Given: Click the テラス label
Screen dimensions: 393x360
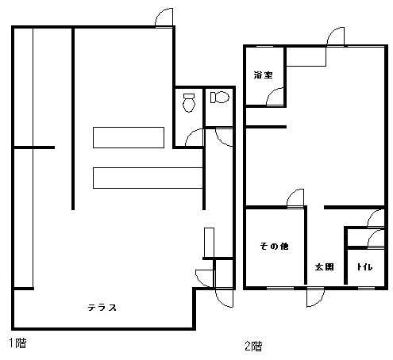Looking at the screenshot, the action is (x=102, y=308).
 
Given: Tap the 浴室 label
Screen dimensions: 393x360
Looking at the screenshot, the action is (x=263, y=75).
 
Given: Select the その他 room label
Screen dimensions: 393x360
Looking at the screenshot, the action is (x=274, y=247).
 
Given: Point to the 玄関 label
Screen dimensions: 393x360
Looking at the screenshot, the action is (x=324, y=267).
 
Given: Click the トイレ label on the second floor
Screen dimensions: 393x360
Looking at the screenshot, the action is (x=364, y=267).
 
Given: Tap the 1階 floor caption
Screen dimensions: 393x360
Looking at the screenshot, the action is (x=18, y=343).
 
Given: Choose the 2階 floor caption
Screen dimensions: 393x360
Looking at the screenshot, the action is (x=253, y=346).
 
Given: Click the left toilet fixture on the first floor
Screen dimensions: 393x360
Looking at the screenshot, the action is (x=189, y=102).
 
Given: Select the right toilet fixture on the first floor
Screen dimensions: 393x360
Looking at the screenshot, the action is (x=220, y=98).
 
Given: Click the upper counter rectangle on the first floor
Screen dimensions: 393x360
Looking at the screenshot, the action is (x=129, y=137).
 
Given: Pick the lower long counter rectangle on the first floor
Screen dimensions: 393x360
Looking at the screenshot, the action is (x=148, y=178).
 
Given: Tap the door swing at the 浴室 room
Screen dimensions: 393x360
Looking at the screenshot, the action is (x=275, y=97).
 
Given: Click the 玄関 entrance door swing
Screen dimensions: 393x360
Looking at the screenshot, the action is (x=315, y=297).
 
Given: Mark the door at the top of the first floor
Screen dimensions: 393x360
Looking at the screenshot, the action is (x=164, y=17).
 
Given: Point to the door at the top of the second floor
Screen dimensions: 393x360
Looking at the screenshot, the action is (x=336, y=36).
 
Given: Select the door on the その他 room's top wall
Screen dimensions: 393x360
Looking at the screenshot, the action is (x=295, y=199).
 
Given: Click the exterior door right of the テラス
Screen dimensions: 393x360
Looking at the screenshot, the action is (x=225, y=298).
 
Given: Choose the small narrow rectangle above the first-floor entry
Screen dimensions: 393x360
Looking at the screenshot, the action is (x=209, y=243).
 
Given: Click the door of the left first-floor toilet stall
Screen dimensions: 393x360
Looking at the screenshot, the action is (x=195, y=137).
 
